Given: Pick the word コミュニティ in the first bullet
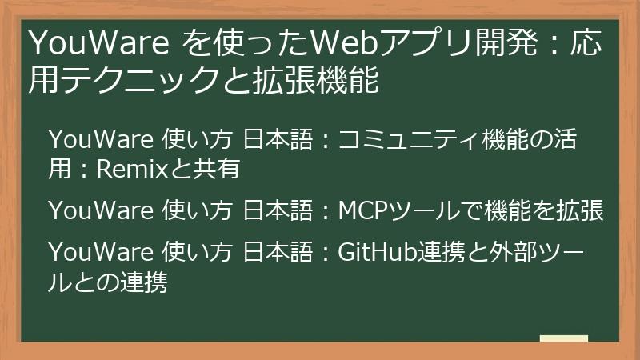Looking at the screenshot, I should pos(409,141).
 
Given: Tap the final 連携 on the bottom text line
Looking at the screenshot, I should pos(145,282).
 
